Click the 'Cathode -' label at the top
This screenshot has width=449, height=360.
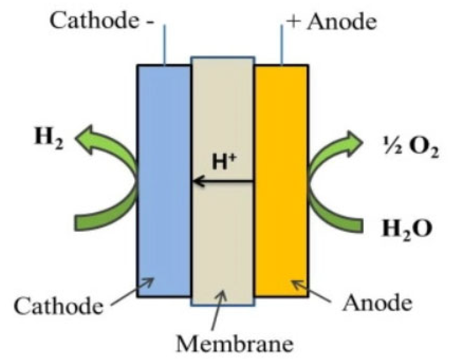(x=102, y=21)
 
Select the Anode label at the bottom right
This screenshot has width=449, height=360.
(x=377, y=303)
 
